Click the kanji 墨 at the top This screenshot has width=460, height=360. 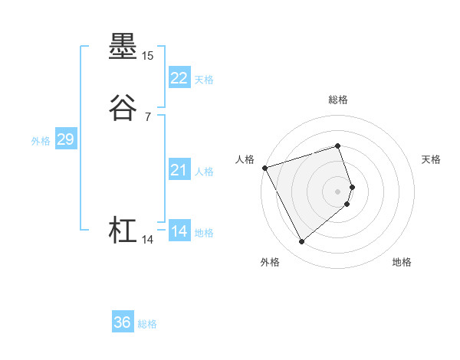point(123,47)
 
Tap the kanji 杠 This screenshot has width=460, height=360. point(123,231)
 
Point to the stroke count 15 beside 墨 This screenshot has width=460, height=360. point(148,57)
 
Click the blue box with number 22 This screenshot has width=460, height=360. point(179,77)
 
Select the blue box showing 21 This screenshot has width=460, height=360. point(179,170)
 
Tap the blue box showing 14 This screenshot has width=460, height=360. point(179,231)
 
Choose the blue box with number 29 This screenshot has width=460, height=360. point(65,139)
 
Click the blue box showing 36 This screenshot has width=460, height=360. point(123,322)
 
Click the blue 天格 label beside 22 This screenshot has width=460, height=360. point(204,79)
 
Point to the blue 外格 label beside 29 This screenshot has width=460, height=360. point(41,141)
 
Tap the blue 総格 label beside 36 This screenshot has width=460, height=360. point(147,324)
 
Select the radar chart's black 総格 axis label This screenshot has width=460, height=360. point(338,100)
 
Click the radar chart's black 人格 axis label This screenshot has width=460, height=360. point(245,159)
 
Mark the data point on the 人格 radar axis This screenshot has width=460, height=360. point(264,168)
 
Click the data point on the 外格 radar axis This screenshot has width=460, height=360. point(301,242)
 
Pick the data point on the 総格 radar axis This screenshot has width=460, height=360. point(338,146)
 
